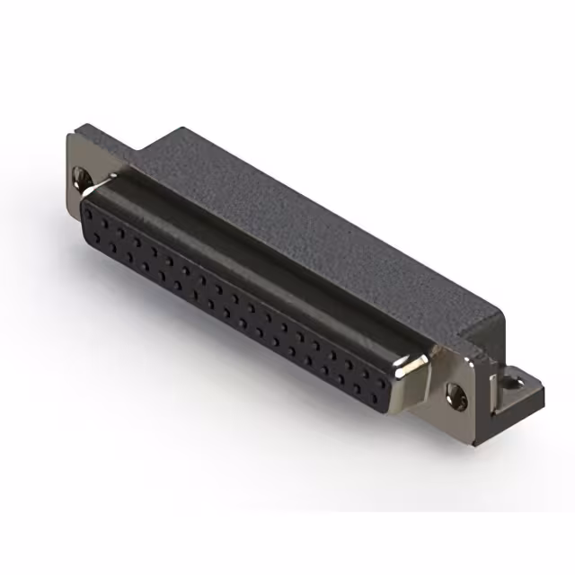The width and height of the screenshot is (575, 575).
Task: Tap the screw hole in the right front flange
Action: tap(456, 392)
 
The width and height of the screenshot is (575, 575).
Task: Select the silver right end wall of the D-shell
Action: tap(417, 382)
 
